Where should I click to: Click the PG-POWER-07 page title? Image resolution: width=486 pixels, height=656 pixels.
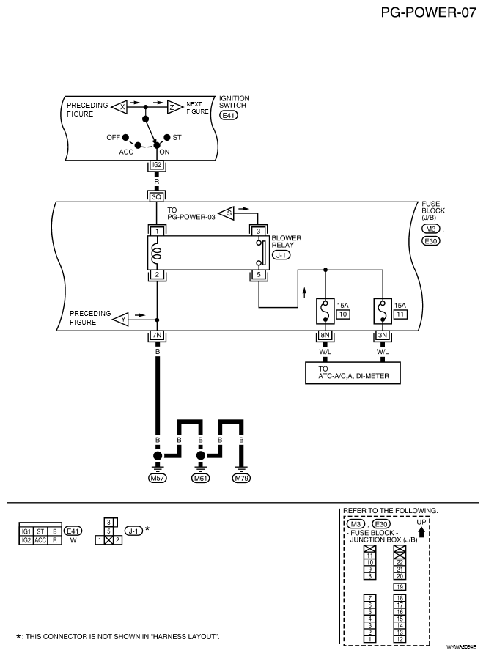[x=428, y=12]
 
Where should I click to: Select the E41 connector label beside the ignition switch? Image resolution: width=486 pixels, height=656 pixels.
[x=229, y=114]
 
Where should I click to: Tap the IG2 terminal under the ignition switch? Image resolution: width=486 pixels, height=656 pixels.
[x=156, y=165]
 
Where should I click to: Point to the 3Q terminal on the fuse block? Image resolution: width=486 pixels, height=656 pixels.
[x=156, y=196]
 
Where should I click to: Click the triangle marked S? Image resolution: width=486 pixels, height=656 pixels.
[x=227, y=213]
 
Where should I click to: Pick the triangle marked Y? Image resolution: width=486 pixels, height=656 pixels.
[x=121, y=320]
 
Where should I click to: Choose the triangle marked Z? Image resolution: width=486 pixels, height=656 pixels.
[x=174, y=107]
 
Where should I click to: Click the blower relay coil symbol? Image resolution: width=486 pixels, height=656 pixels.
[x=157, y=253]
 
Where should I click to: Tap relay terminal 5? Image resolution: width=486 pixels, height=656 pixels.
[x=259, y=275]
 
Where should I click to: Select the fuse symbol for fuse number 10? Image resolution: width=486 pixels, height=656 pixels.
[x=325, y=311]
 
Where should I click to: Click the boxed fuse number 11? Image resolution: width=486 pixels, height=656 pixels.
[x=400, y=314]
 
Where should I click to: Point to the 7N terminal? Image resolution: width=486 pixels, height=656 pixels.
[x=157, y=335]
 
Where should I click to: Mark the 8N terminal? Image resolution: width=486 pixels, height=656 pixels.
[x=325, y=335]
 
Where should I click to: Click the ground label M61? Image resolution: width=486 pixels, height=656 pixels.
[x=200, y=478]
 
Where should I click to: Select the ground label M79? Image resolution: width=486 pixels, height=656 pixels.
[x=241, y=478]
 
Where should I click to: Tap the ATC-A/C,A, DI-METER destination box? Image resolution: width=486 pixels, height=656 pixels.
[x=353, y=373]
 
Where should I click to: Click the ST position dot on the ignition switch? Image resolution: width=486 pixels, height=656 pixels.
[x=167, y=137]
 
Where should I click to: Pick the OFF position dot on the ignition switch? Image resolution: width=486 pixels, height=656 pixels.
[x=125, y=137]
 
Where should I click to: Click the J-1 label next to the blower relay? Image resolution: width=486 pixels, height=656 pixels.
[x=281, y=255]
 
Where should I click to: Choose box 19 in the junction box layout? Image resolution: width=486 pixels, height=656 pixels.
[x=400, y=587]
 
